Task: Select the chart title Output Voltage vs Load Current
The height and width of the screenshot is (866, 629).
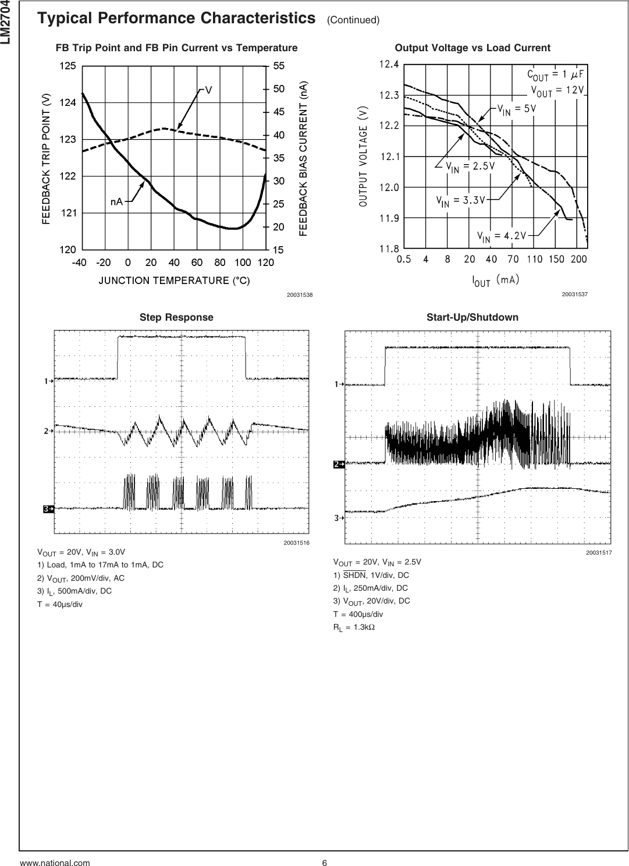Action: pyautogui.click(x=472, y=48)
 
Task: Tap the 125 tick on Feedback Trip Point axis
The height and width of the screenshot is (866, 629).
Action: pyautogui.click(x=67, y=66)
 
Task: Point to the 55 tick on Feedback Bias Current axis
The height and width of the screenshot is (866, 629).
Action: pyautogui.click(x=279, y=66)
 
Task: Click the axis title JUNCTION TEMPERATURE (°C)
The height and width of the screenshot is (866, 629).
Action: pyautogui.click(x=173, y=281)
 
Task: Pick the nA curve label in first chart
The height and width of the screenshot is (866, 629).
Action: pyautogui.click(x=117, y=201)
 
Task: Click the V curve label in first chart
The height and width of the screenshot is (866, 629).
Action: pyautogui.click(x=208, y=90)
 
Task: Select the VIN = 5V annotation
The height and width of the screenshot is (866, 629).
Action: pyautogui.click(x=516, y=109)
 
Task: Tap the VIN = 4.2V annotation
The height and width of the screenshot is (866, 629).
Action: pyautogui.click(x=502, y=236)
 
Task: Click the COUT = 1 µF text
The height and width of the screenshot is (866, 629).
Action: pyautogui.click(x=555, y=74)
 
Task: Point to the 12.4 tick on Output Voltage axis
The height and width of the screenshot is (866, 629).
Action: pyautogui.click(x=389, y=65)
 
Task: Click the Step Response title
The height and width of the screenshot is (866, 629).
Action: pyautogui.click(x=176, y=317)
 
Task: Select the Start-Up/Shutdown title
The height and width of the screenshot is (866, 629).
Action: pyautogui.click(x=472, y=317)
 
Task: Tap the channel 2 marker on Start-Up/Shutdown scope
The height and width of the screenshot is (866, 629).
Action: pyautogui.click(x=339, y=464)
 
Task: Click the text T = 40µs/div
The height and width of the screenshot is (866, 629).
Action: pyautogui.click(x=60, y=604)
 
